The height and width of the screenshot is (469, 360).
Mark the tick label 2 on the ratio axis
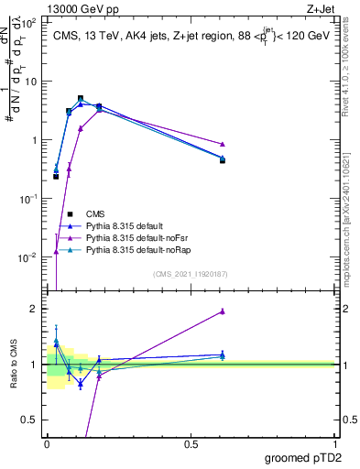pyautogui.click(x=34, y=309)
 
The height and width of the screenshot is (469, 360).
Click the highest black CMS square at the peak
pyautogui.click(x=81, y=98)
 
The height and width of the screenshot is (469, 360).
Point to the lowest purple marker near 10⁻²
pyautogui.click(x=57, y=251)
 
